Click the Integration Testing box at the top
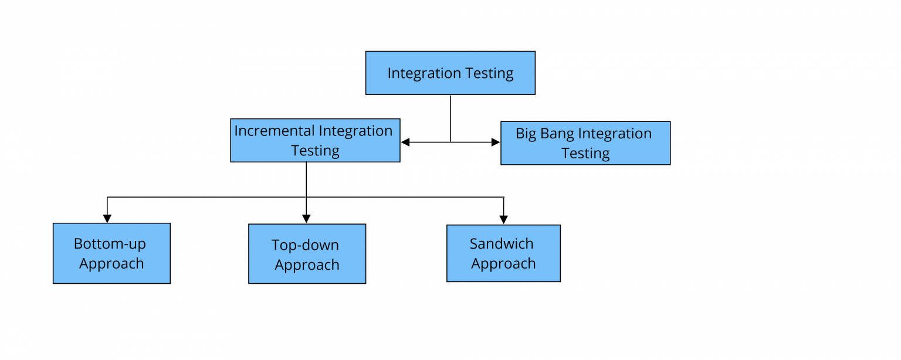click(x=450, y=73)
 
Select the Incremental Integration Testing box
click(x=315, y=140)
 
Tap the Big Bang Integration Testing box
click(x=585, y=143)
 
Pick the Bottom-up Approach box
click(x=111, y=253)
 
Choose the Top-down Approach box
click(x=307, y=254)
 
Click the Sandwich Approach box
click(x=503, y=253)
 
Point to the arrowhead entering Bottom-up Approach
click(x=107, y=219)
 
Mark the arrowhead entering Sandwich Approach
click(x=503, y=220)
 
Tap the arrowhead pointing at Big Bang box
click(x=496, y=142)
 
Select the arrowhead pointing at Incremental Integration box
click(x=405, y=142)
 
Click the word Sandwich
click(x=502, y=243)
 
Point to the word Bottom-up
click(x=110, y=243)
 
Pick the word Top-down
click(x=305, y=245)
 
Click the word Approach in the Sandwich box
click(x=503, y=264)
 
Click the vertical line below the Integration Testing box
click(x=450, y=117)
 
